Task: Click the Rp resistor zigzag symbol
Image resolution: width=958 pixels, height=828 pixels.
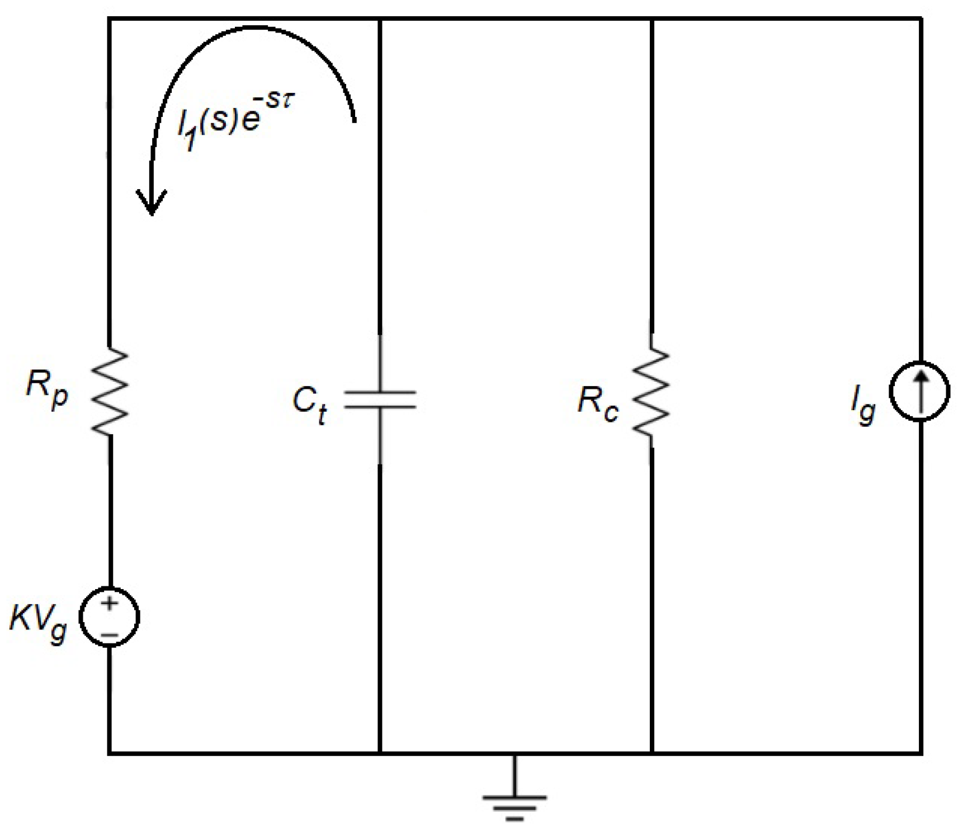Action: pos(110,391)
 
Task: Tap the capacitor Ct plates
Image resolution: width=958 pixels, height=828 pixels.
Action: pos(380,399)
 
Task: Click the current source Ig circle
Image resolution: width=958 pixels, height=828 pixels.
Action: pos(919,391)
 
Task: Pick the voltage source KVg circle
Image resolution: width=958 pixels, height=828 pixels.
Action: pos(110,617)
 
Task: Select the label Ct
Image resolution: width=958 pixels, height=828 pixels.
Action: pos(309,404)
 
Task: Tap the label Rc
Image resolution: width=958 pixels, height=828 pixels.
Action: pos(598,403)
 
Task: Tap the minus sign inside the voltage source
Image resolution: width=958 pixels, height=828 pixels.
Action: pos(110,634)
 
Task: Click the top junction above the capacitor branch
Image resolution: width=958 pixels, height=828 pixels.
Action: pos(380,19)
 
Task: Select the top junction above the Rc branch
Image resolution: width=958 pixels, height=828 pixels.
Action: pos(652,19)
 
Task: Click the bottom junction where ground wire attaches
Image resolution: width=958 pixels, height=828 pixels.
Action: pos(514,753)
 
